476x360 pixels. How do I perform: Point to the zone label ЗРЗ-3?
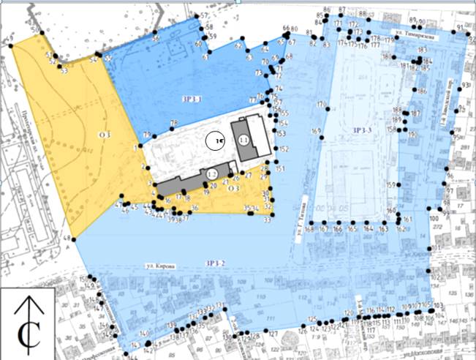click(x=363, y=130)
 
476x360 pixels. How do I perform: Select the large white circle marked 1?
click(x=216, y=139)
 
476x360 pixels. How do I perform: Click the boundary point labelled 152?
click(x=275, y=149)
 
